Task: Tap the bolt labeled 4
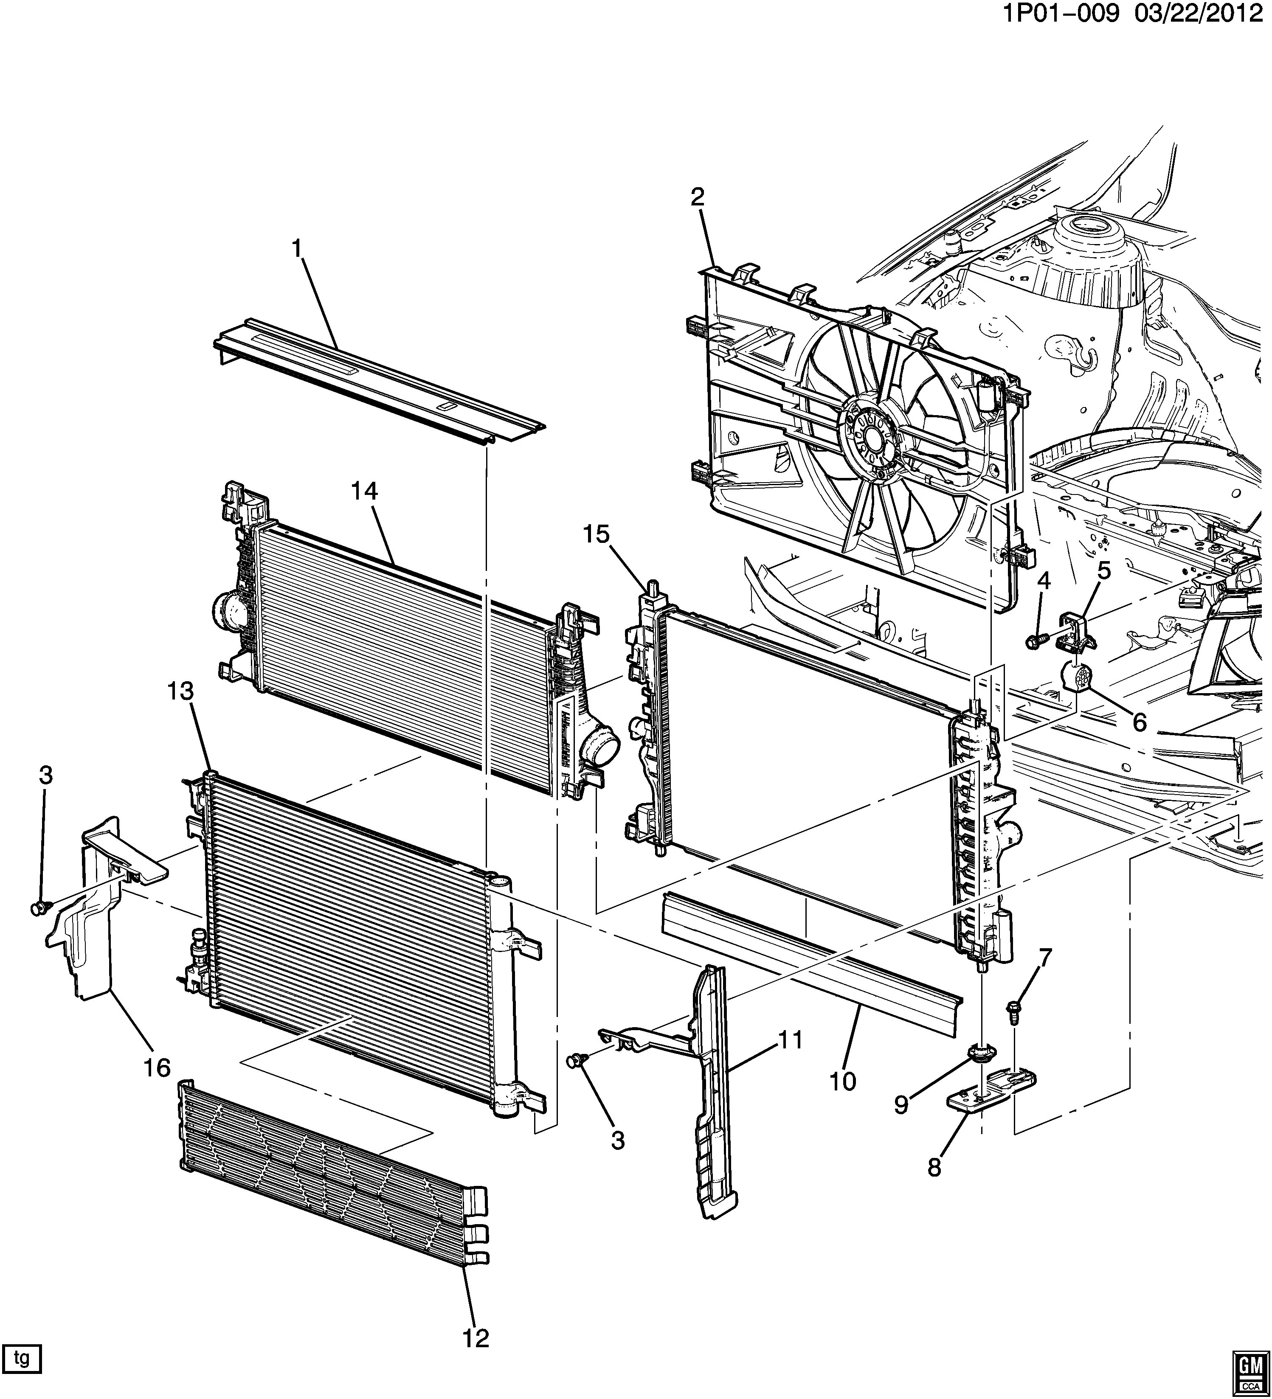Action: click(x=1033, y=643)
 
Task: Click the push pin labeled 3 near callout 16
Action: click(x=39, y=907)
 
